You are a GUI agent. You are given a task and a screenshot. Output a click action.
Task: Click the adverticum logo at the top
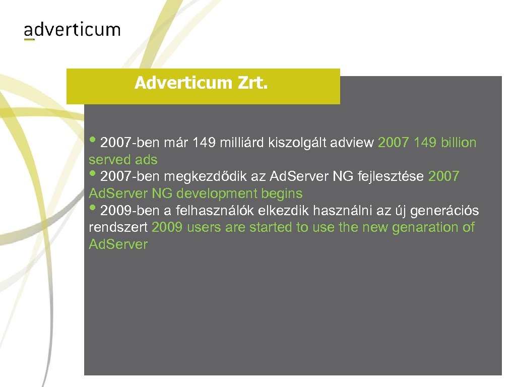[x=72, y=30]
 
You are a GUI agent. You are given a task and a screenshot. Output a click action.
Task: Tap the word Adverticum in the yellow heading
[x=182, y=83]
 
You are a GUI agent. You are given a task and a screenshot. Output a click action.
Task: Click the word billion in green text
[x=458, y=143]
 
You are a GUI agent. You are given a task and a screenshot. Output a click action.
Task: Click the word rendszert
[x=118, y=228]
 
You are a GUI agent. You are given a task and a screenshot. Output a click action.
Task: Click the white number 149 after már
[x=204, y=143]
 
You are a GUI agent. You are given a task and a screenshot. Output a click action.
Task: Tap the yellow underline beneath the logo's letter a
[x=29, y=39]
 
